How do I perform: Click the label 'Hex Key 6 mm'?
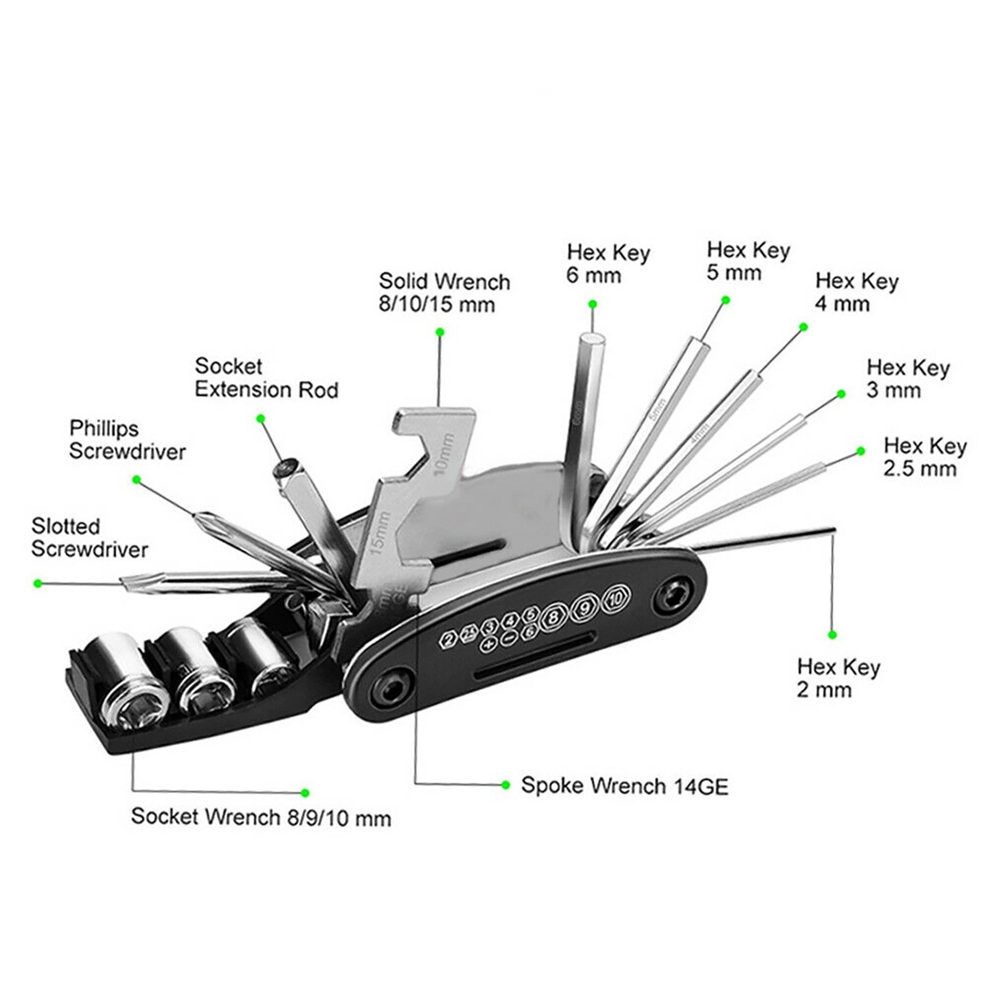[608, 264]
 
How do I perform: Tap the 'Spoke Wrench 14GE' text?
[624, 786]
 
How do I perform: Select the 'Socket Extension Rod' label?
[266, 378]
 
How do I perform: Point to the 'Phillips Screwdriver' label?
[127, 440]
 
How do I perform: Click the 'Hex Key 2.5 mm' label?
[924, 457]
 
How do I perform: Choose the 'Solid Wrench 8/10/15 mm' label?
[444, 292]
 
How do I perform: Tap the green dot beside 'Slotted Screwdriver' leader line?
[38, 582]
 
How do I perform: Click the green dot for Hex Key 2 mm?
[832, 635]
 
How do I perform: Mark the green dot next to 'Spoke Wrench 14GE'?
[506, 785]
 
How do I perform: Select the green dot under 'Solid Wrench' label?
[440, 332]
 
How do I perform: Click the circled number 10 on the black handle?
[615, 598]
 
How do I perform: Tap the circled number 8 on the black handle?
[555, 616]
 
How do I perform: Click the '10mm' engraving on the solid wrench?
[445, 455]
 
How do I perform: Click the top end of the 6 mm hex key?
[592, 338]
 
